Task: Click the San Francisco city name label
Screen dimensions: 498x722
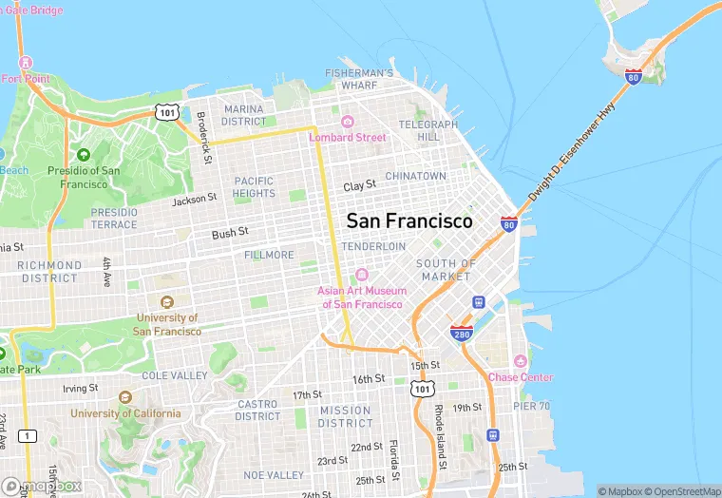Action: click(408, 220)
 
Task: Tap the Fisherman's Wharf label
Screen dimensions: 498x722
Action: click(358, 79)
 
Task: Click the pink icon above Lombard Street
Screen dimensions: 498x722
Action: click(348, 121)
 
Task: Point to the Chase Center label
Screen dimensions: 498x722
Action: click(520, 377)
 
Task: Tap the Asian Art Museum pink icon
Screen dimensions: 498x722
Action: click(362, 275)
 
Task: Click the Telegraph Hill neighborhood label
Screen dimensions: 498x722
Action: click(421, 130)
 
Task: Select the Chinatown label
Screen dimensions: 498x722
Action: click(415, 176)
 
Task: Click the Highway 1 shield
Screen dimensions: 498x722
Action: click(28, 436)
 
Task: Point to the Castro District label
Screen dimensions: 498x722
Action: click(257, 410)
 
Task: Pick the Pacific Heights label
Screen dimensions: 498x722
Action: click(254, 187)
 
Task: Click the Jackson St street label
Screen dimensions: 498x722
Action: click(195, 200)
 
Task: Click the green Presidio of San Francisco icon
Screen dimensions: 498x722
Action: click(84, 155)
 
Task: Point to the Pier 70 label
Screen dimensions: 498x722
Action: click(532, 406)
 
